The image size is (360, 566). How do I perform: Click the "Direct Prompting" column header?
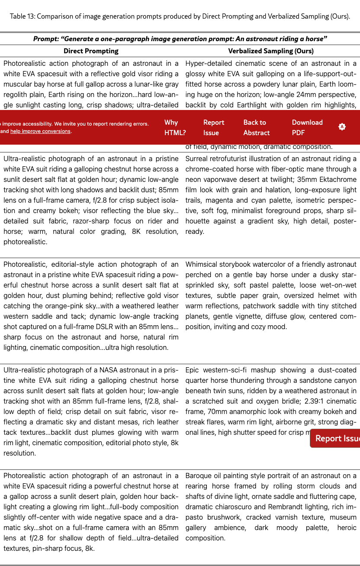point(91,51)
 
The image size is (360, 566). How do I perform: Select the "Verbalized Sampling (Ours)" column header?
point(271,51)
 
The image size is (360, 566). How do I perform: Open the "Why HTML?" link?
point(175,128)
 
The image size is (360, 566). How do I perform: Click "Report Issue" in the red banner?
point(214,128)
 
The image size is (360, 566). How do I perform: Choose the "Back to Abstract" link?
point(256,128)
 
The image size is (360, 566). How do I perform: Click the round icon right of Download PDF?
point(342,127)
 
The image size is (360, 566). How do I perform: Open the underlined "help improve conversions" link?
point(40,131)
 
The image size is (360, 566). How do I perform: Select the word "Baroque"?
point(199,476)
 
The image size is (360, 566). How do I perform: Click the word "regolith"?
point(17,95)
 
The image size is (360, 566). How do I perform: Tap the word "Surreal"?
point(199,159)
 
